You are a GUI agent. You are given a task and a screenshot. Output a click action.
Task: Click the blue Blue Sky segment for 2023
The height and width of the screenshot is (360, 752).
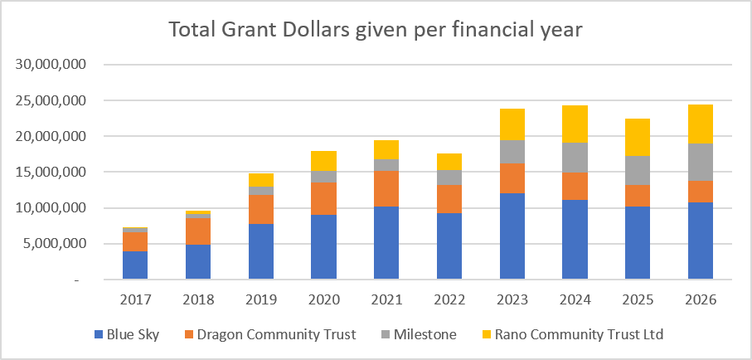[512, 236]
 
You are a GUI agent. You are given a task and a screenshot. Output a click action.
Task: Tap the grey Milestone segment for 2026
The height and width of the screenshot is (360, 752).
[701, 163]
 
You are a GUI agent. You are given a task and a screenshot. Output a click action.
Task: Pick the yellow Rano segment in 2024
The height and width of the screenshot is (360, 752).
[575, 124]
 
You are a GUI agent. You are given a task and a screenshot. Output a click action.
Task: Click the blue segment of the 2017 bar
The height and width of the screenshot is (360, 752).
[135, 265]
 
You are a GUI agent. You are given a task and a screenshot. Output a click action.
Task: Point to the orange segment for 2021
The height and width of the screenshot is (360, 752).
[386, 188]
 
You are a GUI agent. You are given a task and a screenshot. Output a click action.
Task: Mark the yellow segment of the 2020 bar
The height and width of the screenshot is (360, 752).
[323, 161]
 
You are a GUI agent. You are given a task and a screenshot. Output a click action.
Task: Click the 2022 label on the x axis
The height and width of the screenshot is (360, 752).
[449, 300]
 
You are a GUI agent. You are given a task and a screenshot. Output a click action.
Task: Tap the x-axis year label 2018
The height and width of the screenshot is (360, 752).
[198, 300]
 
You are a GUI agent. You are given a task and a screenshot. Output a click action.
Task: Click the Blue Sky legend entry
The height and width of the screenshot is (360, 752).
[127, 334]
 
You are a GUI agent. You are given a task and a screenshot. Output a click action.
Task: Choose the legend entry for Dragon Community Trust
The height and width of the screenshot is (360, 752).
[270, 334]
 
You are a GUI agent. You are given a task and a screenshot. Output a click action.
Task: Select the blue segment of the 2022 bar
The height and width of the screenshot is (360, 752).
[449, 246]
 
